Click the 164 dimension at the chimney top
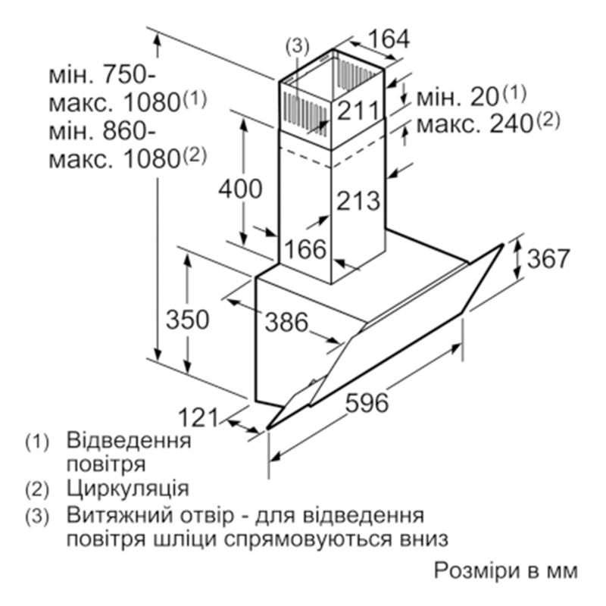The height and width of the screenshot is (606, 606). click(389, 39)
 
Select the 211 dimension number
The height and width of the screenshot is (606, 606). click(358, 111)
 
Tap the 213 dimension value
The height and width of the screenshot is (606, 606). click(358, 201)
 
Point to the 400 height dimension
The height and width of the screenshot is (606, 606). click(240, 189)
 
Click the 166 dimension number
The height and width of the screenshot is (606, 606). click(306, 249)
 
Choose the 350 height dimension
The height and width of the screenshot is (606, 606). click(187, 320)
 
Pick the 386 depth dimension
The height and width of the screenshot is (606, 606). click(287, 321)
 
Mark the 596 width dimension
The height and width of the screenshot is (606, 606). click(367, 403)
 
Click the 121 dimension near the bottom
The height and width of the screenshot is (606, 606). click(198, 418)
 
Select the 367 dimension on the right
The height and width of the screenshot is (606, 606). click(548, 258)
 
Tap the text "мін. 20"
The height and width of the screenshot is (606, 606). click(458, 97)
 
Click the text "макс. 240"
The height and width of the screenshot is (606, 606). click(475, 124)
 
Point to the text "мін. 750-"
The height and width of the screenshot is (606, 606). click(102, 74)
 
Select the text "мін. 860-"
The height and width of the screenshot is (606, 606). click(102, 130)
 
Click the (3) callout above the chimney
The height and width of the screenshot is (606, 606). click(297, 46)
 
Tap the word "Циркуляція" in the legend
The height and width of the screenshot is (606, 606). click(128, 489)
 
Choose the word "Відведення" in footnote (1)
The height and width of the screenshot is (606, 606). click(129, 442)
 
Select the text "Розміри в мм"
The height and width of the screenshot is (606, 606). click(506, 571)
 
